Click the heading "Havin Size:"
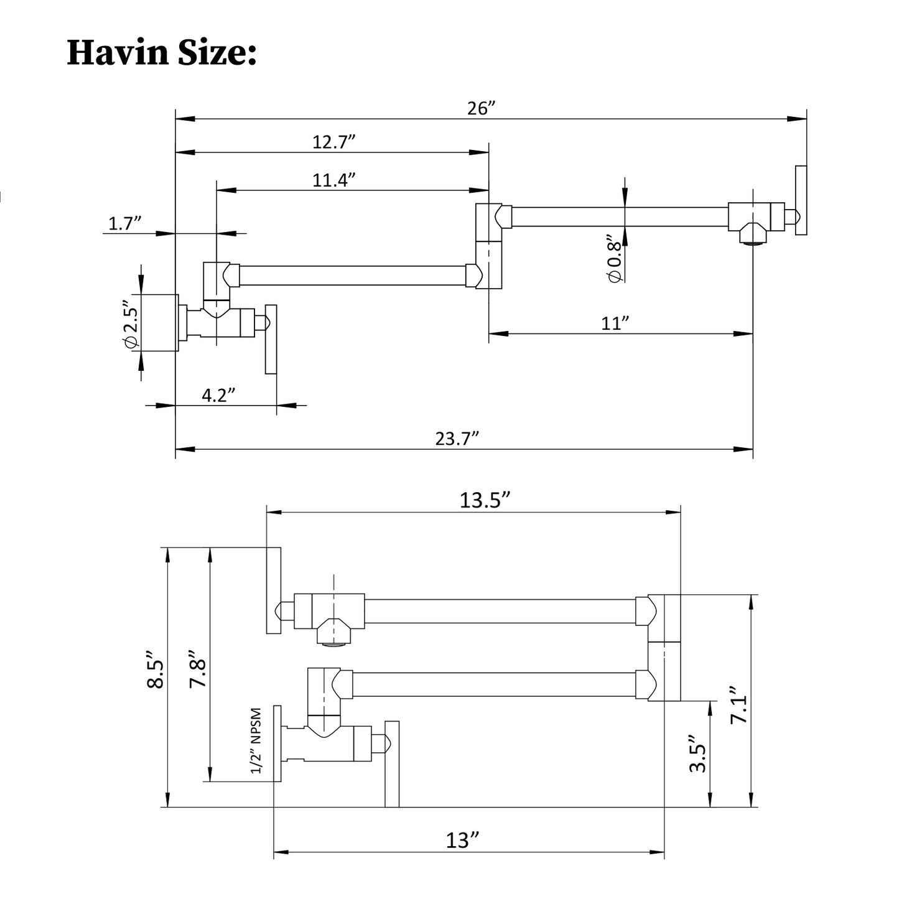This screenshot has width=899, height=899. coord(161,52)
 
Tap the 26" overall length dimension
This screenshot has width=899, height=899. coord(480,108)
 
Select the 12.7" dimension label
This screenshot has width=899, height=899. coord(333,142)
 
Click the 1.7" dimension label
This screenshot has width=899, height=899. coord(126,223)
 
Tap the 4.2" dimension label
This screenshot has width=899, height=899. coord(218,395)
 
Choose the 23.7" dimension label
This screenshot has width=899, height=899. coord(457,439)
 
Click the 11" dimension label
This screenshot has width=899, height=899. coord(615,324)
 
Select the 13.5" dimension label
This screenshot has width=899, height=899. coord(485,500)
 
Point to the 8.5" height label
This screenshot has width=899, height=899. coord(155,669)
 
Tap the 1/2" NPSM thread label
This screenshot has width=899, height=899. coord(256,740)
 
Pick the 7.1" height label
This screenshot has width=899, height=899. coord(738,705)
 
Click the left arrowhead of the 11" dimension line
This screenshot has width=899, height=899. coord(496,333)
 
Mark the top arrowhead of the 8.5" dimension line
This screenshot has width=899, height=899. coord(167,554)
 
